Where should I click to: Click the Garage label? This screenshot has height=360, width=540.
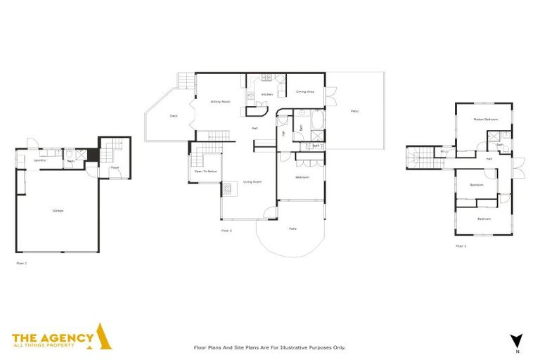pyautogui.click(x=58, y=210)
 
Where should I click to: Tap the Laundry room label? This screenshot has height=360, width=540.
pyautogui.click(x=39, y=160)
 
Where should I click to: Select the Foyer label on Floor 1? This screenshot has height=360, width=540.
pyautogui.click(x=114, y=167)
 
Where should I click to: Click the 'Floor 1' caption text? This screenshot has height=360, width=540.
pyautogui.click(x=21, y=263)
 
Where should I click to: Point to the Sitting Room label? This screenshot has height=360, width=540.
pyautogui.click(x=220, y=102)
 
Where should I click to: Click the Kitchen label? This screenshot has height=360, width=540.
pyautogui.click(x=266, y=94)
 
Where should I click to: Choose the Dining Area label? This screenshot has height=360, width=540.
pyautogui.click(x=304, y=91)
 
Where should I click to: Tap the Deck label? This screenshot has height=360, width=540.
pyautogui.click(x=173, y=116)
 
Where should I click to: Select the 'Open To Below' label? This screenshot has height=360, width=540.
pyautogui.click(x=205, y=171)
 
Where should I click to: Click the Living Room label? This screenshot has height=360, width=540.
pyautogui.click(x=252, y=182)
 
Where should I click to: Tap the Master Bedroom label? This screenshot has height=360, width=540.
pyautogui.click(x=485, y=120)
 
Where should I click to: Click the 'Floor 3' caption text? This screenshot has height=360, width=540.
pyautogui.click(x=461, y=246)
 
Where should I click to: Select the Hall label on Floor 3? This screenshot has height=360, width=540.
pyautogui.click(x=488, y=159)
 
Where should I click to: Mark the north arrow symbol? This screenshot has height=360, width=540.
pyautogui.click(x=517, y=340)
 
